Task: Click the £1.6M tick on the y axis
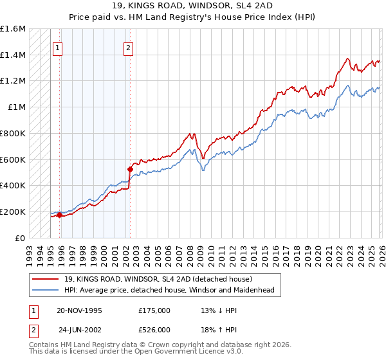13,29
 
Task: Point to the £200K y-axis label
13,212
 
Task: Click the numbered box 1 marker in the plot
58,48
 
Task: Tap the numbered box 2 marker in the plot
129,48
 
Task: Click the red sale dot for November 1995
59,215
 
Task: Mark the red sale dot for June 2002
129,169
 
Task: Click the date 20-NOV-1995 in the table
79,310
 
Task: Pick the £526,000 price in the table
154,330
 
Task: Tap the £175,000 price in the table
154,310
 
